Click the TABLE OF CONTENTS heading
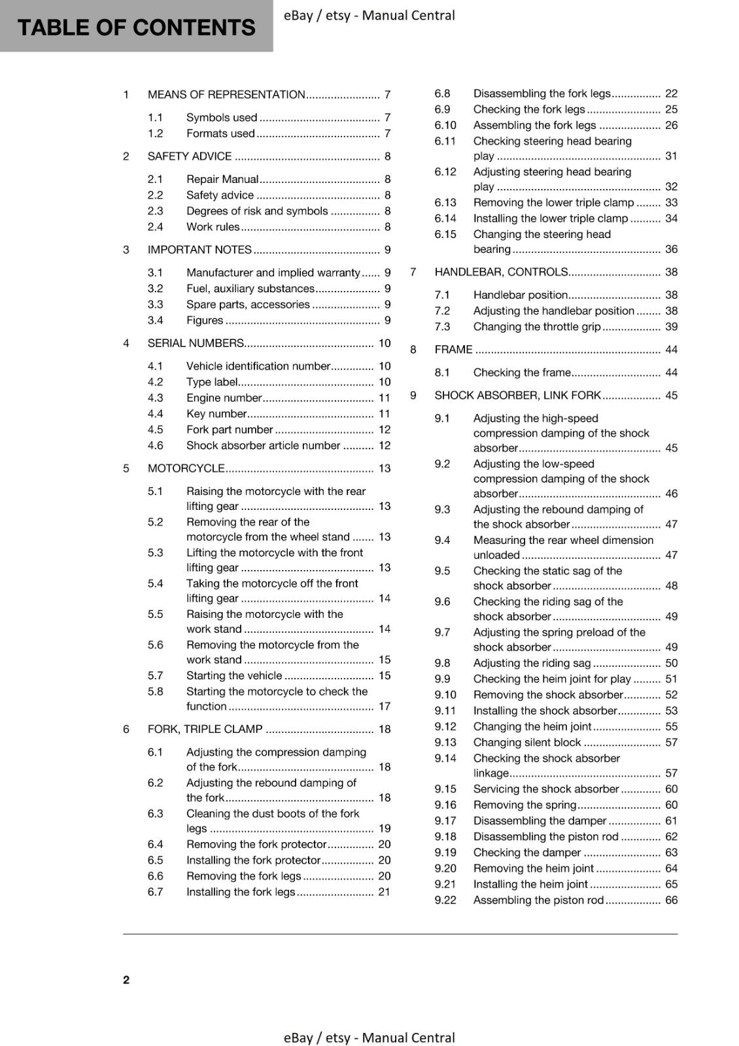pos(136,27)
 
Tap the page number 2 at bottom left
pos(126,979)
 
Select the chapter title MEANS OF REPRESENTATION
pos(226,95)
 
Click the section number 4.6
pos(155,446)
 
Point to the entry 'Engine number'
pos(224,398)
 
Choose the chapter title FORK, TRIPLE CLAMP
pos(205,730)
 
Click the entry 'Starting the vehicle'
pos(234,676)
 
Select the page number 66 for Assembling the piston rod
pos(671,900)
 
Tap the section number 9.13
pos(445,743)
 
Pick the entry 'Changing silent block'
pos(527,743)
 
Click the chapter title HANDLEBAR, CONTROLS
pos(501,273)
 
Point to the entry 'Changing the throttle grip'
pos(537,327)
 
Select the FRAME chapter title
pos(453,350)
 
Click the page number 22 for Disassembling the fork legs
pos(671,94)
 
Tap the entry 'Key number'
pos(216,414)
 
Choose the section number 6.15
pos(445,235)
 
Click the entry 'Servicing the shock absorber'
pos(546,790)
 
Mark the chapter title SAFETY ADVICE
pos(190,157)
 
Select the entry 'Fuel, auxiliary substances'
pos(250,289)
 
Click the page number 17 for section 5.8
pos(385,707)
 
